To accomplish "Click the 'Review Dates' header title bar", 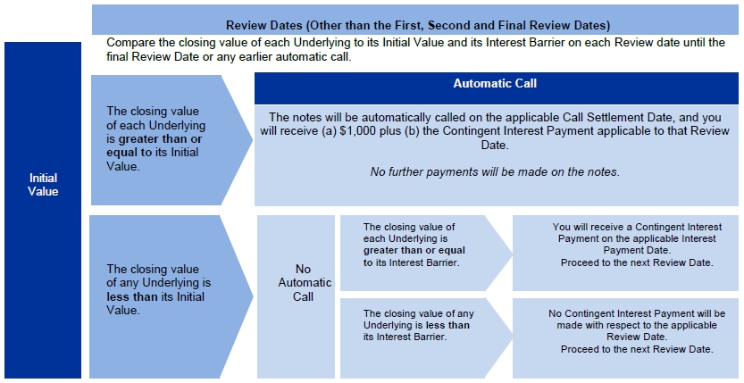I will pyautogui.click(x=417, y=24).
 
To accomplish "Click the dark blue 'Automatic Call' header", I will pyautogui.click(x=496, y=84).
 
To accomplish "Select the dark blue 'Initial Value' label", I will pyautogui.click(x=43, y=185).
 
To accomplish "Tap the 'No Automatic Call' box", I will pyautogui.click(x=296, y=282).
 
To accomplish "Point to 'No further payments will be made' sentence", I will pyautogui.click(x=495, y=171).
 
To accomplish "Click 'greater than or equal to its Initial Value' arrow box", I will pyautogui.click(x=155, y=139).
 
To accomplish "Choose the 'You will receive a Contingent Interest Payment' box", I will pyautogui.click(x=624, y=246).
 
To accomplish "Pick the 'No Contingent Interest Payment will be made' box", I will pyautogui.click(x=624, y=331).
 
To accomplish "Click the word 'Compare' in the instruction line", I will pyautogui.click(x=130, y=42).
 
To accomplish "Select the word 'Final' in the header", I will pyautogui.click(x=532, y=24).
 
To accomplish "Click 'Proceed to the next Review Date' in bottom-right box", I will pyautogui.click(x=637, y=349).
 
